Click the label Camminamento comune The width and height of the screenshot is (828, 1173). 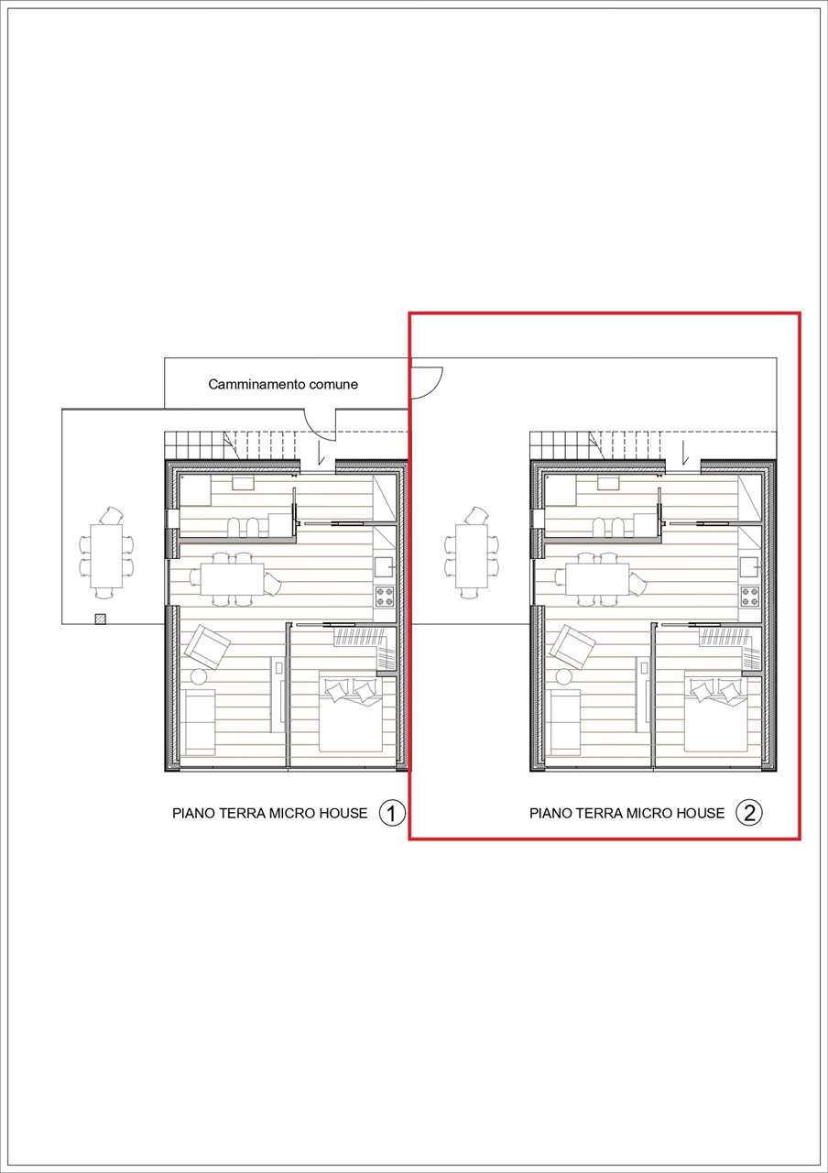[283, 384]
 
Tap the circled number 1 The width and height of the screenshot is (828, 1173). [392, 813]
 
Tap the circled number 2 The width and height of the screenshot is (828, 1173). [749, 813]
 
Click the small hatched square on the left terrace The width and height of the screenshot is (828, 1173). [100, 619]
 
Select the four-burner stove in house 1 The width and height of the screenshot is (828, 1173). [385, 597]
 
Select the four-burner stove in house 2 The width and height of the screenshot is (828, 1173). [750, 597]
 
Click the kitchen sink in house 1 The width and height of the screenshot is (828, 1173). [385, 566]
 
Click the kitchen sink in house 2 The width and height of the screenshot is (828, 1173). [750, 566]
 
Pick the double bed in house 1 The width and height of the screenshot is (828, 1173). [351, 715]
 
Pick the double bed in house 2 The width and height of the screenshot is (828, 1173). [716, 715]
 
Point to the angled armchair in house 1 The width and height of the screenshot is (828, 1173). [208, 647]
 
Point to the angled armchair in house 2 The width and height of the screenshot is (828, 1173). [573, 647]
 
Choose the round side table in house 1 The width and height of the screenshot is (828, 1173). [199, 677]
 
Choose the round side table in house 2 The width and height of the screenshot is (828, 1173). [564, 677]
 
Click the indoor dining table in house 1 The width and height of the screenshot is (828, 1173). [232, 578]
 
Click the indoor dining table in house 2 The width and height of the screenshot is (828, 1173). [597, 578]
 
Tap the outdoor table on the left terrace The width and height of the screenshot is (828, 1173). [106, 555]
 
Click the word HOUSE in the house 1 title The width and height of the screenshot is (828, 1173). [343, 813]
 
